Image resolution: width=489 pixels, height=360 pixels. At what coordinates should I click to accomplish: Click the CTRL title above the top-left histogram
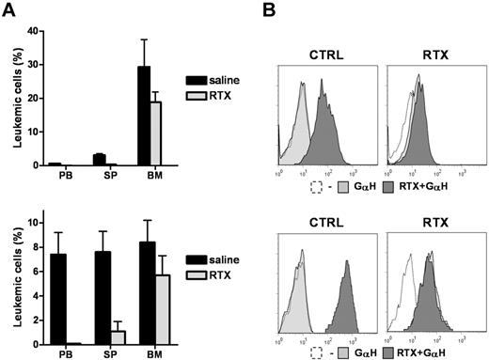[325, 42]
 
